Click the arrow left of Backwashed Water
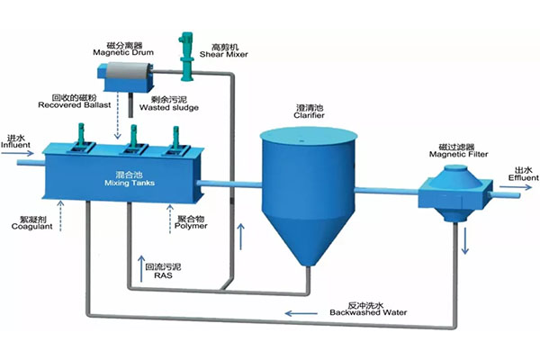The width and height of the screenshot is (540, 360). click(300, 314)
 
